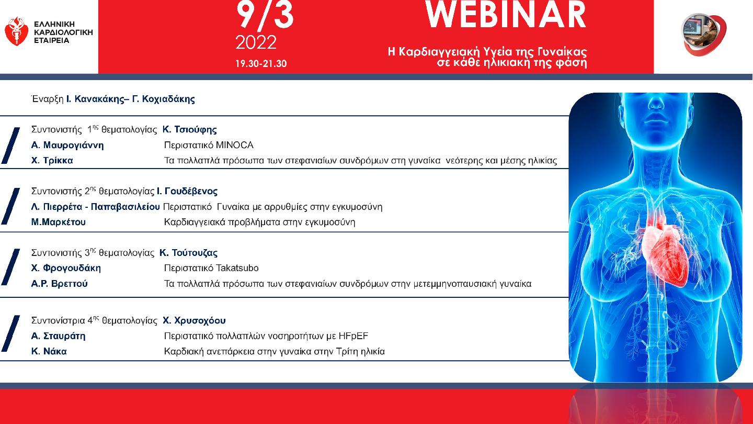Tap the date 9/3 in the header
tap(265, 15)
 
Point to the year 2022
tap(256, 42)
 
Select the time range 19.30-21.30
tap(261, 64)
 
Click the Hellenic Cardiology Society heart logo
tap(16, 31)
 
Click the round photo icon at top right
tap(704, 35)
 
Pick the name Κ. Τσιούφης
tap(190, 130)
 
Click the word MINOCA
tap(235, 145)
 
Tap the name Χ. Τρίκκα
tap(52, 160)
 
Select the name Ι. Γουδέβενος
tap(187, 191)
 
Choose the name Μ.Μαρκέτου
tap(59, 222)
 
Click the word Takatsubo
tap(237, 268)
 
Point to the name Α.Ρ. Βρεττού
tap(60, 284)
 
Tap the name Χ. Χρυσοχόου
tap(195, 320)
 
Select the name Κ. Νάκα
tap(49, 351)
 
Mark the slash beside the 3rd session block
tap(10, 267)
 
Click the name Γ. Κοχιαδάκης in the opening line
tap(163, 99)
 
